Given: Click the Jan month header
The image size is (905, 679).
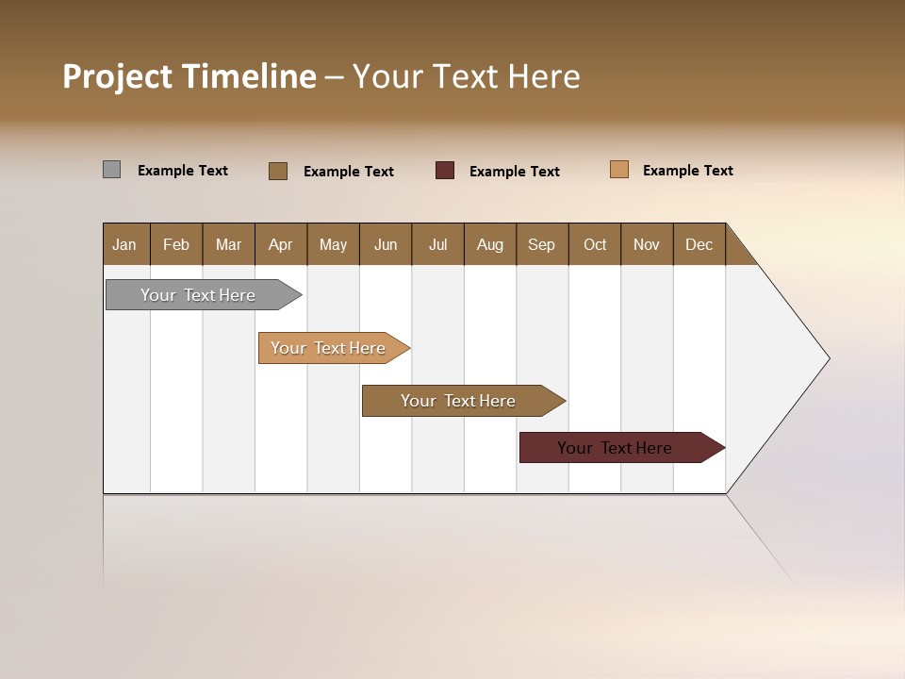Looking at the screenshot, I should point(125,244).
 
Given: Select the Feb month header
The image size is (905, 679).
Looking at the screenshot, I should point(176,244).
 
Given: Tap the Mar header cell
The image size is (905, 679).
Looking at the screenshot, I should point(228,244).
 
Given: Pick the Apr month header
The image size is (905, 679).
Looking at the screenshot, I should point(281,244).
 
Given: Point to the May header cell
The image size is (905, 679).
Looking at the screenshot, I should point(333,244).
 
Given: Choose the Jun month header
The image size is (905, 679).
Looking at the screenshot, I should point(386,244).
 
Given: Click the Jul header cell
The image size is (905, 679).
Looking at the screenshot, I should point(437,244).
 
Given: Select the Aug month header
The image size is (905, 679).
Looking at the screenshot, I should point(490,244).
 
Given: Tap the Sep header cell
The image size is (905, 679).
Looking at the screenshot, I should point(542,244).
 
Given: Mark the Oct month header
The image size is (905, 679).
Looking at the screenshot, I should point(595,244).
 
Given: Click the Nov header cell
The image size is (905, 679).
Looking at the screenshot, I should point(647,244).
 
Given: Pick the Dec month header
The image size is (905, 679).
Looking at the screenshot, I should point(699,244).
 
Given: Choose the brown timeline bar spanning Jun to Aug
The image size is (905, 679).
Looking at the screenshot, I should point(459,401).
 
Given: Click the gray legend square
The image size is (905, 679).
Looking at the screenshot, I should point(112,170).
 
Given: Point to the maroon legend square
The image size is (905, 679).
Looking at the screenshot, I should point(445,171).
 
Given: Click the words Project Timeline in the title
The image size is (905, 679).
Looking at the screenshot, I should point(189,76).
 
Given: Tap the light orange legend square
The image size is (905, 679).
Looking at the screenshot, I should point(619,170).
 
